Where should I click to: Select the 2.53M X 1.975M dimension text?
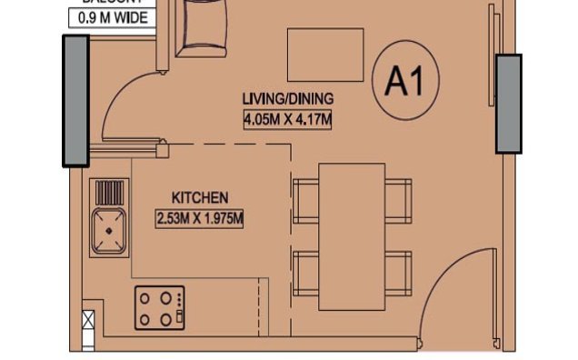click(201, 217)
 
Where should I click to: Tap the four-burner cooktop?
click(160, 307)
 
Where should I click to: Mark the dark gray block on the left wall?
click(75, 101)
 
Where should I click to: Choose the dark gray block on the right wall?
click(508, 103)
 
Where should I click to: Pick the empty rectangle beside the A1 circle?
click(325, 55)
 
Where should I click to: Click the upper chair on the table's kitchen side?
click(306, 200)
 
